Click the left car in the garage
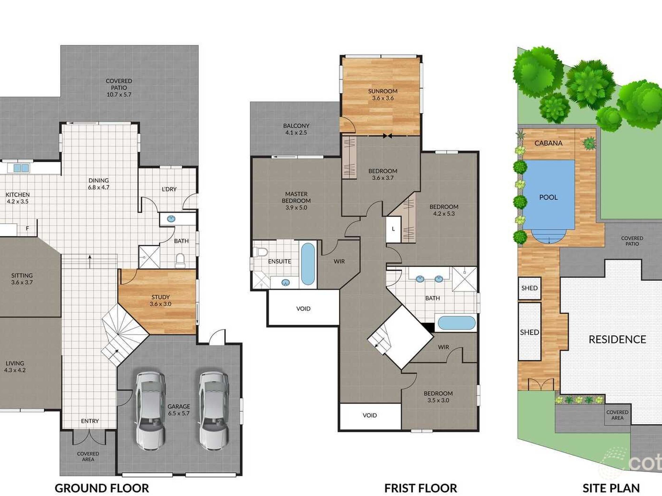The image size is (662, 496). click(x=150, y=411)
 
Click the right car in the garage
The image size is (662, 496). click(x=214, y=411)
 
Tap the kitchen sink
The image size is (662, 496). click(x=21, y=168)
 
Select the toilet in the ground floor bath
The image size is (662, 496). click(x=180, y=261)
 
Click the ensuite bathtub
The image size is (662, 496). click(x=308, y=264)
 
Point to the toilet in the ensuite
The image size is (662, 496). click(x=260, y=251)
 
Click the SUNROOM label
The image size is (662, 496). click(x=383, y=91)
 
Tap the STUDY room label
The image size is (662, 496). click(x=161, y=297)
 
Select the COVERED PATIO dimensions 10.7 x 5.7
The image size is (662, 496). click(x=119, y=94)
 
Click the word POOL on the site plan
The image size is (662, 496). click(x=548, y=197)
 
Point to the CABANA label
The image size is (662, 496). click(x=548, y=143)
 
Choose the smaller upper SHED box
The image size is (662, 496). click(x=530, y=288)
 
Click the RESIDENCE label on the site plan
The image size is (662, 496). click(x=617, y=339)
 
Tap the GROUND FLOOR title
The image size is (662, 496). click(x=102, y=488)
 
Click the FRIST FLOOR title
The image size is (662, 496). click(x=421, y=488)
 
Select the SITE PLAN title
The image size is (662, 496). click(x=611, y=488)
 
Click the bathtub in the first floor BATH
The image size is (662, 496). click(x=456, y=323)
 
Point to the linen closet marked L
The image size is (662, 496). click(x=393, y=229)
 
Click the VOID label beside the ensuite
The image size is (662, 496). click(x=303, y=309)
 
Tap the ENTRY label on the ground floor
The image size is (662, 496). click(x=90, y=421)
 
